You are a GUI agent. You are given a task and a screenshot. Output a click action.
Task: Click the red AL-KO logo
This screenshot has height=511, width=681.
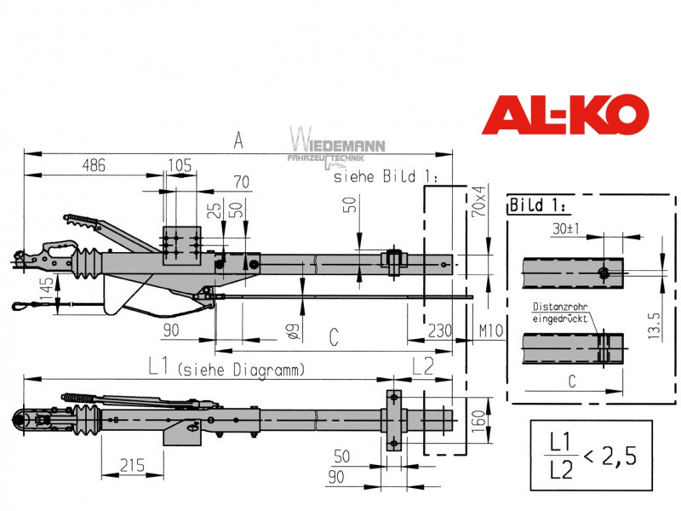coord(565,114)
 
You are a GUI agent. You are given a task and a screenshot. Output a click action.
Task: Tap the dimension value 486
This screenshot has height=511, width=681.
coord(94,165)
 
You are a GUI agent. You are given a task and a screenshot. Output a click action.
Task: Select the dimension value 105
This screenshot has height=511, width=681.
coord(180,165)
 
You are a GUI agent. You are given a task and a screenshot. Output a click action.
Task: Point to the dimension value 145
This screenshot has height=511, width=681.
coord(47,289)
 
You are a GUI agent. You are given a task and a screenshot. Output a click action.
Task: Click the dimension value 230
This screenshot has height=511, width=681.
coord(440,330)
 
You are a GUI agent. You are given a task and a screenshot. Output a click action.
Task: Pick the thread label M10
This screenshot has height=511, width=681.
coord(491,331)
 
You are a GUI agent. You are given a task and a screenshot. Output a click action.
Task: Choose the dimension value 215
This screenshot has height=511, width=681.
coord(132,465)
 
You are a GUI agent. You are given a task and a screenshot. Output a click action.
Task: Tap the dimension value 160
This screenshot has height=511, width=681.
coord(478,422)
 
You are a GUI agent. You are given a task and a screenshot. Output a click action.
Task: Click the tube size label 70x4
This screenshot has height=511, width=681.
coord(478,202)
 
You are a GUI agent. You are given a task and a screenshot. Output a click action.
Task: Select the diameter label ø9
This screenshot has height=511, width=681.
coord(293,331)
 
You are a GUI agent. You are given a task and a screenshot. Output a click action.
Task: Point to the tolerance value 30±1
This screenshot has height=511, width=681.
coord(565,228)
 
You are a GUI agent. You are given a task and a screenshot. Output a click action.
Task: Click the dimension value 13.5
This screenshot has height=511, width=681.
coord(654,326)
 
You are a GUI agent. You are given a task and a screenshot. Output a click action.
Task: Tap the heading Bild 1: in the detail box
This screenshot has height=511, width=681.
coord(538,204)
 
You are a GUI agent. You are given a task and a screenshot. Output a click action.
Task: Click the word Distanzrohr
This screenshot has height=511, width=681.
coord(560,307)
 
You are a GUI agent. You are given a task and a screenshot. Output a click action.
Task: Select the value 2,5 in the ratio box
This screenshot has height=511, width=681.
coord(619,456)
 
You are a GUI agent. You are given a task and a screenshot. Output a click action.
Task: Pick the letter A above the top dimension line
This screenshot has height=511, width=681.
coord(238,141)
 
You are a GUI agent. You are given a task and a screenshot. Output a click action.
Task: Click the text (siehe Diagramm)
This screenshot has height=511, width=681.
coord(241,370)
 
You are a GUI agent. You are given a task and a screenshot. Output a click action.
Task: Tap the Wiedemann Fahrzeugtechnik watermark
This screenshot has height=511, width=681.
coord(337,148)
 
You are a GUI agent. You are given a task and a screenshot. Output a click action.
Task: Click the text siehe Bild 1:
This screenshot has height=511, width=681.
coord(386,176)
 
